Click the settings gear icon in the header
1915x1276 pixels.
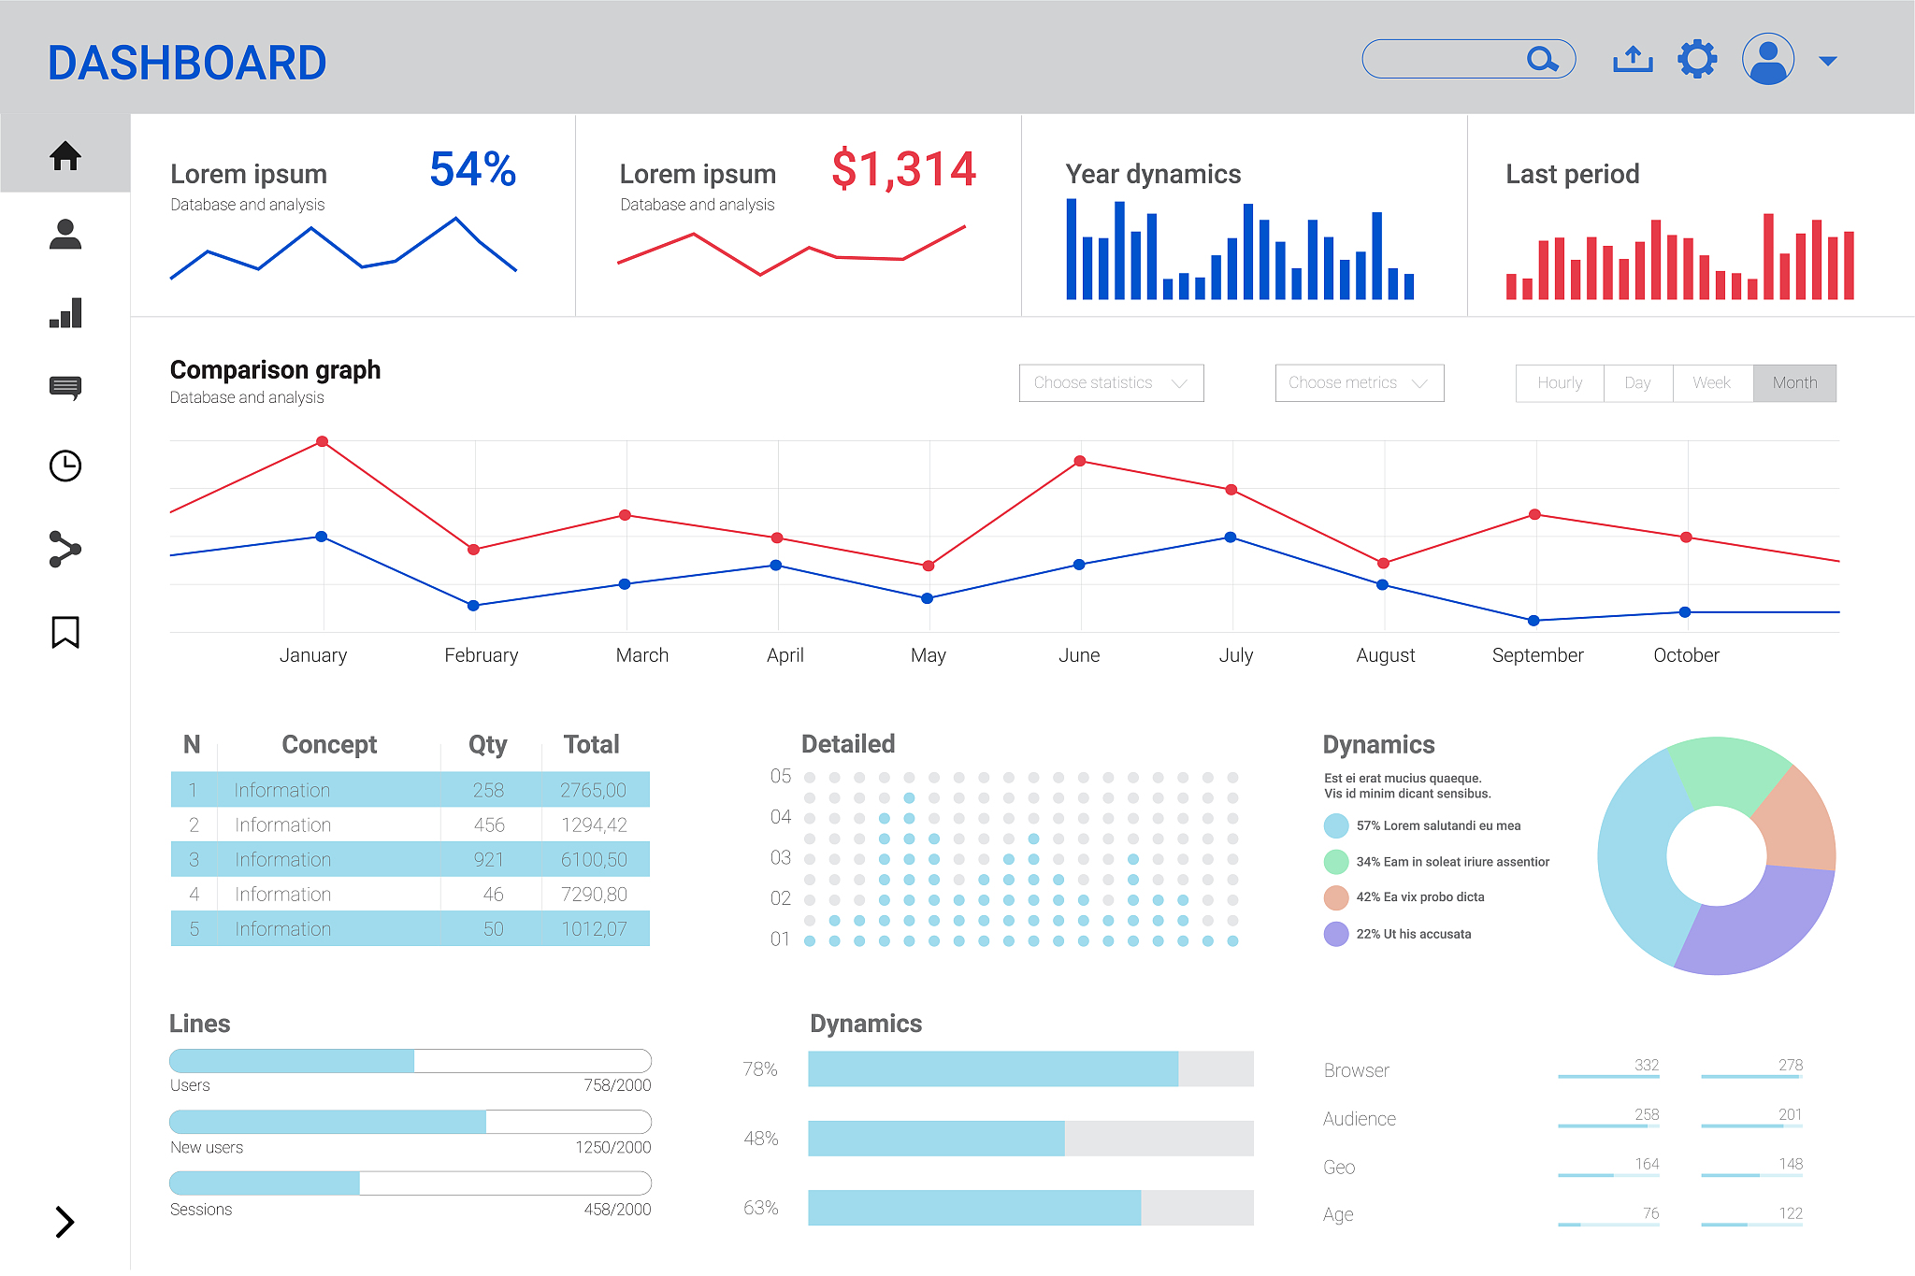coord(1697,60)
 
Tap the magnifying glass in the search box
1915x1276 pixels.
coord(1541,60)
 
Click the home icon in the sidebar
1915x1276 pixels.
coord(65,155)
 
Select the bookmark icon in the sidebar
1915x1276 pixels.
coord(65,632)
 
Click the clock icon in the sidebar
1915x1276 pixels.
coord(65,466)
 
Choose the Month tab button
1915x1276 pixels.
coord(1794,383)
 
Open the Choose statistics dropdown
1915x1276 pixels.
coord(1111,383)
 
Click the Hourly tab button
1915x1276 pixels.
coord(1560,383)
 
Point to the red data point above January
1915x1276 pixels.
coord(322,441)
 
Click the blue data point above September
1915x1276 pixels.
coord(1533,621)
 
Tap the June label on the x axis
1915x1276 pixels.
coord(1079,655)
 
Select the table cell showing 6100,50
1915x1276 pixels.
coord(594,859)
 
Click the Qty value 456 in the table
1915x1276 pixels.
coord(489,824)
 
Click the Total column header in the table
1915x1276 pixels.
coord(591,744)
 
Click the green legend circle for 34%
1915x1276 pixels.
coord(1336,862)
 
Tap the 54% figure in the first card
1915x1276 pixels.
coord(472,170)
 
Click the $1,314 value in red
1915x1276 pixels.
coord(903,170)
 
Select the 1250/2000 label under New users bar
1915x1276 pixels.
coord(612,1147)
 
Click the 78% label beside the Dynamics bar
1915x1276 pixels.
coord(760,1068)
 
